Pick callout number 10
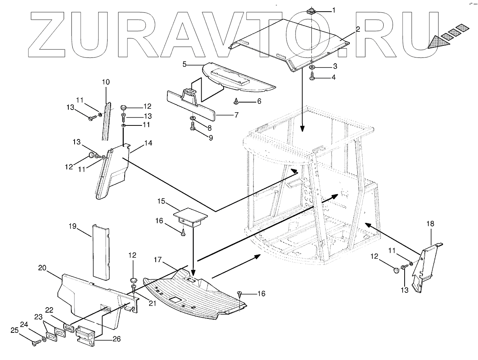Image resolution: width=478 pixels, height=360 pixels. tap(106, 82)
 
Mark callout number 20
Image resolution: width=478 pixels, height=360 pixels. tap(43, 268)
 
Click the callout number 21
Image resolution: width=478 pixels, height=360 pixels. tap(152, 303)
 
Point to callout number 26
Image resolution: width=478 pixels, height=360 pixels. tap(116, 339)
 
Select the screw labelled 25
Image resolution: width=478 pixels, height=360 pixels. tap(35, 343)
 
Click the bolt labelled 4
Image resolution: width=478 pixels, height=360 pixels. tap(313, 78)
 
